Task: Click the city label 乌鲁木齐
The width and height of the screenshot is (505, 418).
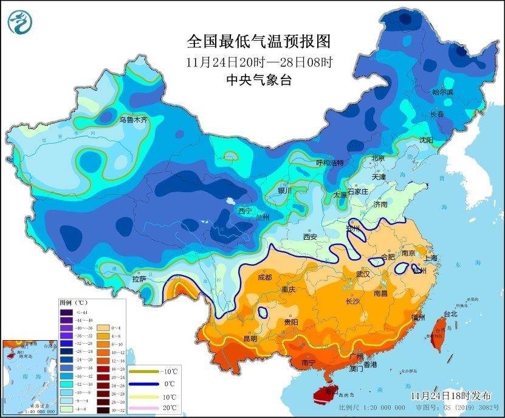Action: [132, 120]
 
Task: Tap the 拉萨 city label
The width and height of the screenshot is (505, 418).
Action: [139, 279]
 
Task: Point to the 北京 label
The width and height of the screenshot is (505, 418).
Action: [378, 158]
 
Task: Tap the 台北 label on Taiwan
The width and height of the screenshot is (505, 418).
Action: [450, 315]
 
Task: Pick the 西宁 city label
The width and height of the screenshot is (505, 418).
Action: [244, 211]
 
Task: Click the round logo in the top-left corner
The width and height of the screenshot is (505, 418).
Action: [20, 22]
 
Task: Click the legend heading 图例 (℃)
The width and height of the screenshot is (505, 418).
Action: [74, 302]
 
